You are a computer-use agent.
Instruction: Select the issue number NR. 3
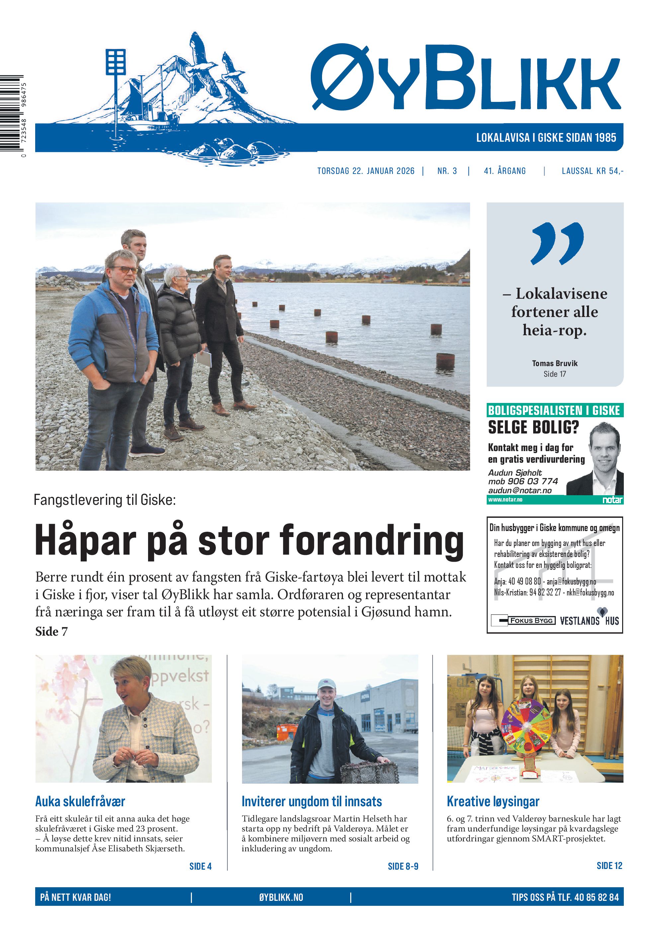(x=447, y=171)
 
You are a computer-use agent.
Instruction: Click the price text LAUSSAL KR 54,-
(x=592, y=171)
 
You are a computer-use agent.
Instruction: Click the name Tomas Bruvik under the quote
(x=554, y=363)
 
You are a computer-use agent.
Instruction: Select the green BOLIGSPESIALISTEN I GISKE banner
(x=554, y=410)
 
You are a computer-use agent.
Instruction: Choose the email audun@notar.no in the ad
(x=519, y=490)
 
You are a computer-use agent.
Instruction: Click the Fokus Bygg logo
(x=523, y=620)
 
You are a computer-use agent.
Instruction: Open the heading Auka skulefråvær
(x=80, y=801)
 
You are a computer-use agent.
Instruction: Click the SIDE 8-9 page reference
(x=403, y=866)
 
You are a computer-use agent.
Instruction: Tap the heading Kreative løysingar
(x=493, y=801)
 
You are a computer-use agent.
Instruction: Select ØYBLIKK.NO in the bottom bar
(x=281, y=898)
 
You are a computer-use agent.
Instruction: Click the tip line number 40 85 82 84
(x=596, y=898)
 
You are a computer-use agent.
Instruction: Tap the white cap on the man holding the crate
(x=327, y=684)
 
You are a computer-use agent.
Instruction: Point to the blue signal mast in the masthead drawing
(x=116, y=66)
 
